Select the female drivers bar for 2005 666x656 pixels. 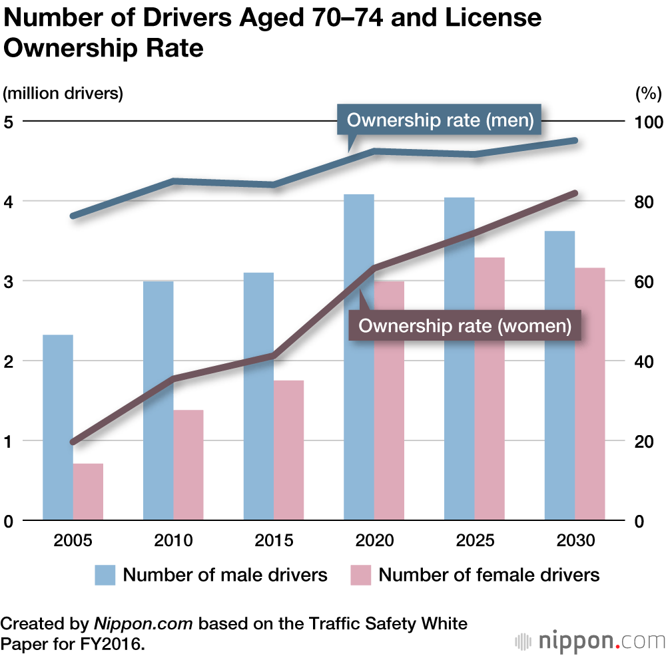[x=88, y=492]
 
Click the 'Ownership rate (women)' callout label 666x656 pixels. [x=465, y=326]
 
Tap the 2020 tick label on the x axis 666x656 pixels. [x=374, y=540]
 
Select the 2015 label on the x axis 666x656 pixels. [x=274, y=540]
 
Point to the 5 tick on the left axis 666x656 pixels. [x=9, y=122]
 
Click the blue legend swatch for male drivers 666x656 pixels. [x=105, y=574]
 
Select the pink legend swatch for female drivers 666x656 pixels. [x=360, y=574]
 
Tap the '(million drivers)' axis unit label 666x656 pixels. [x=64, y=94]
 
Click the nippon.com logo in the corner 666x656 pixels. [x=590, y=641]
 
